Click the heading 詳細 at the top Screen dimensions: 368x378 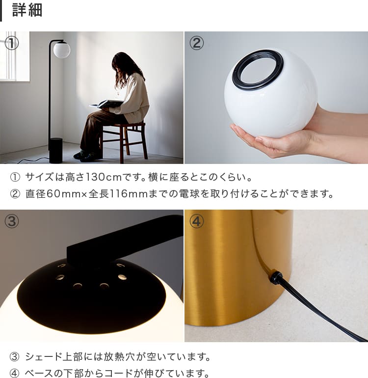pos(27,10)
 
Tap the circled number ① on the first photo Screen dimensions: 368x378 pos(12,43)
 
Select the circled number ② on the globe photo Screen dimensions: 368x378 pos(196,43)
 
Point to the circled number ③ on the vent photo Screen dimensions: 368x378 pos(12,221)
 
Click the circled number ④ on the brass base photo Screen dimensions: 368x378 pos(196,221)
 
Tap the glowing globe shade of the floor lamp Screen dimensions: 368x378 pos(62,50)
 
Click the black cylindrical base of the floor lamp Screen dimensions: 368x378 pos(55,150)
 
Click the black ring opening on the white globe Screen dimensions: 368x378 pos(258,69)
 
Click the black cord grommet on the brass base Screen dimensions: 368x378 pos(276,277)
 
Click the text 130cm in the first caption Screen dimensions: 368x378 pos(104,177)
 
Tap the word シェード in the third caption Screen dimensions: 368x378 pos(44,357)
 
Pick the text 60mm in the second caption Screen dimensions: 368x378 pos(63,194)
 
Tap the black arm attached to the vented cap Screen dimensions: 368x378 pos(125,243)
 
